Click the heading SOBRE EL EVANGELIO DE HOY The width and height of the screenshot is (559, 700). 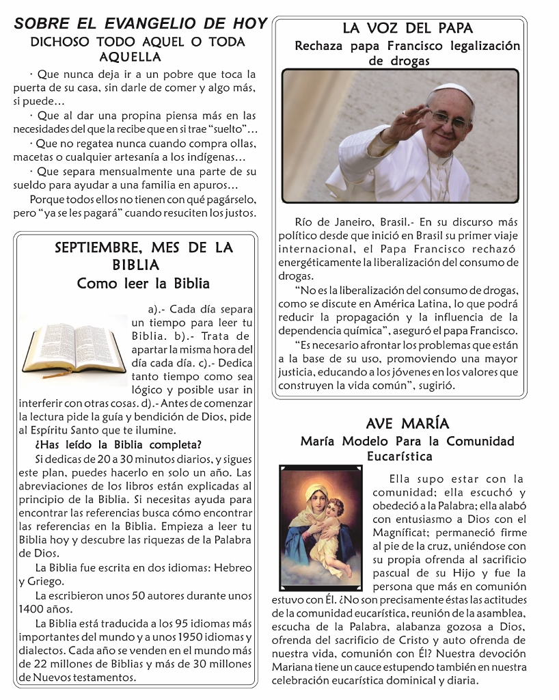pyautogui.click(x=140, y=23)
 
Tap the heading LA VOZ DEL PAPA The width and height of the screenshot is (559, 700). pyautogui.click(x=407, y=29)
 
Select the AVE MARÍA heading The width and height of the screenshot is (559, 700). pyautogui.click(x=407, y=424)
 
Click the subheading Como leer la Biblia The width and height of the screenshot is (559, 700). pyautogui.click(x=144, y=283)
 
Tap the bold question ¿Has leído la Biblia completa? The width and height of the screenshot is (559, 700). pyautogui.click(x=118, y=444)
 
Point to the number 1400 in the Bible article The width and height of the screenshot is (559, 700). pyautogui.click(x=31, y=609)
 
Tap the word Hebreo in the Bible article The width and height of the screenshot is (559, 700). pyautogui.click(x=234, y=568)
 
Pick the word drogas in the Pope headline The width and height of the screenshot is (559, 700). pyautogui.click(x=409, y=61)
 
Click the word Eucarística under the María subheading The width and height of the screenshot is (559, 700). pyautogui.click(x=400, y=456)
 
